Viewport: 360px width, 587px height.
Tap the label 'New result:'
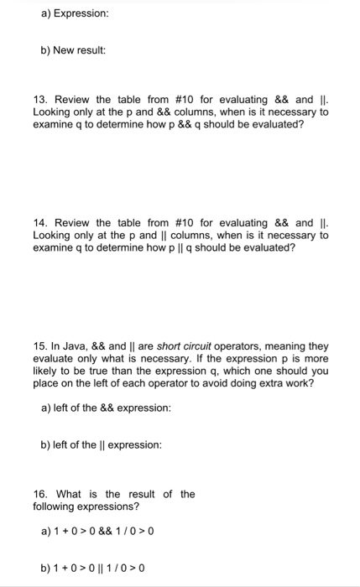[x=79, y=50]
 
